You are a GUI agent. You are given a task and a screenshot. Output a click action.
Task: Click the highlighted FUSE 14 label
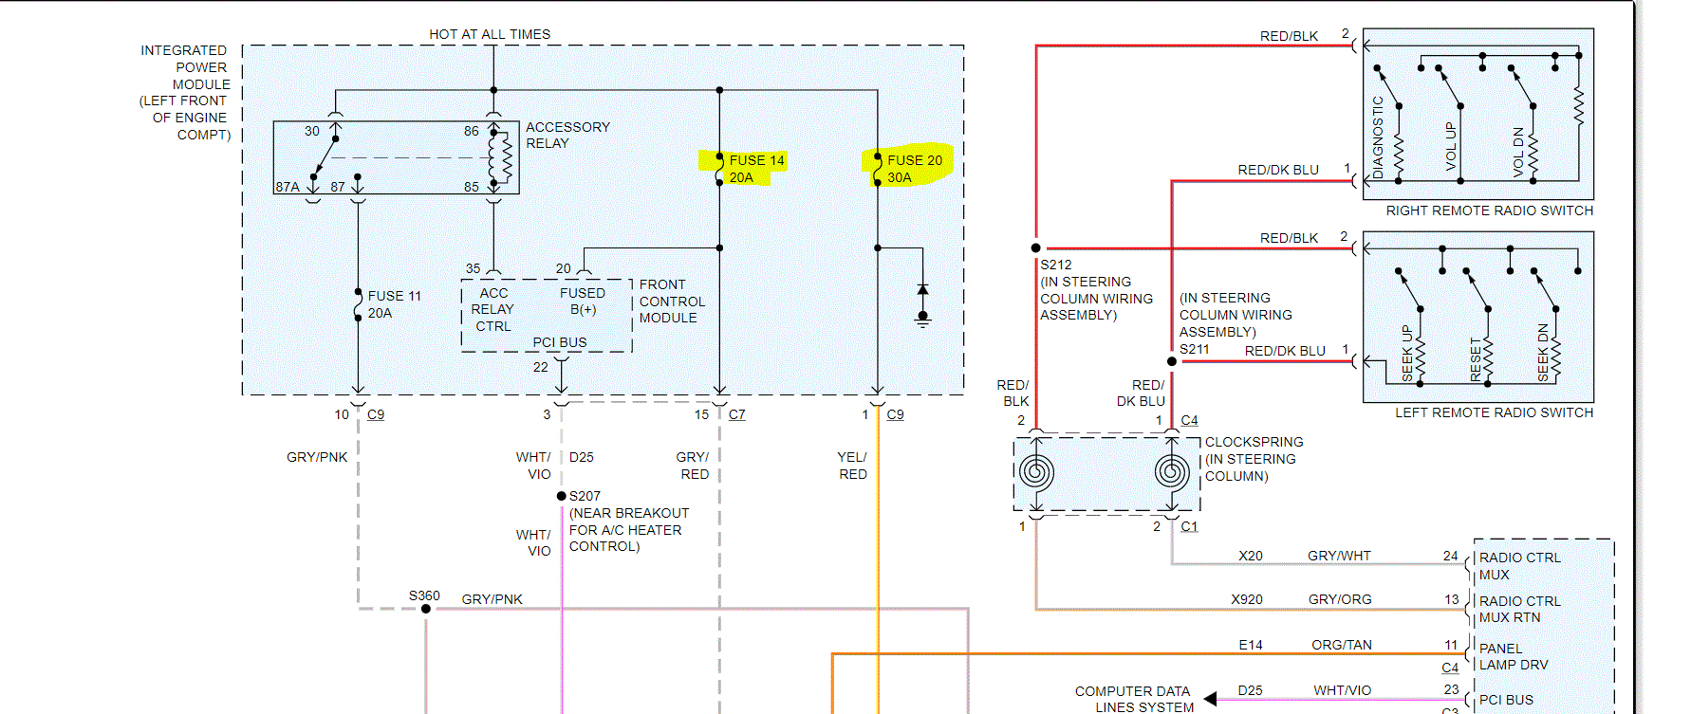[x=755, y=169]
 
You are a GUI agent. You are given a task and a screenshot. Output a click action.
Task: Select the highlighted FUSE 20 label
[x=914, y=169]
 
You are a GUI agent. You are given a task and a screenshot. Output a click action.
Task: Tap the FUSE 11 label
[x=394, y=304]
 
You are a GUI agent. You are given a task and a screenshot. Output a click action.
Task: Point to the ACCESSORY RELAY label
[x=567, y=135]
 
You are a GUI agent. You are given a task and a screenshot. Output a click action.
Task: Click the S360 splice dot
[x=426, y=609]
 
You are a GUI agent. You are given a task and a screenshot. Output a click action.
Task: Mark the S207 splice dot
[x=562, y=496]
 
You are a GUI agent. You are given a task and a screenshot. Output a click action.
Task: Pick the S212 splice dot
[x=1036, y=248]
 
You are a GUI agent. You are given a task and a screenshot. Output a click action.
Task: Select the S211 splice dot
[x=1172, y=361]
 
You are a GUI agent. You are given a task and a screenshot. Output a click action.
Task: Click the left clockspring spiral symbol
[x=1036, y=471]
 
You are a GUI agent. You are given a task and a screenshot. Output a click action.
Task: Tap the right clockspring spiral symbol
[x=1172, y=471]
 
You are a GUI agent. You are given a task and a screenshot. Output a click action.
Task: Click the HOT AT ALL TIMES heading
[x=490, y=34]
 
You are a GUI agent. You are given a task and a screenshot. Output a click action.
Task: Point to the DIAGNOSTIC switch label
[x=1378, y=137]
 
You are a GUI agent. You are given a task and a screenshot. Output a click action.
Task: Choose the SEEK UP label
[x=1407, y=353]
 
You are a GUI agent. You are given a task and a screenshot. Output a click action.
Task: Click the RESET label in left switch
[x=1476, y=359]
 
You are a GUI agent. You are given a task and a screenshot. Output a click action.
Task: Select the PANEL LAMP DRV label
[x=1513, y=656]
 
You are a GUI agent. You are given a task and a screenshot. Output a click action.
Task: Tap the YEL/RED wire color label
[x=852, y=466]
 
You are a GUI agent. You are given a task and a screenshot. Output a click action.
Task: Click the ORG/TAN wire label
[x=1341, y=645]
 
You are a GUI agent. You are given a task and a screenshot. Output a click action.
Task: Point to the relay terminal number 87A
[x=288, y=187]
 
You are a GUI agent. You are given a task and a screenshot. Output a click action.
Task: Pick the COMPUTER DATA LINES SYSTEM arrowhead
[x=1210, y=700]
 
